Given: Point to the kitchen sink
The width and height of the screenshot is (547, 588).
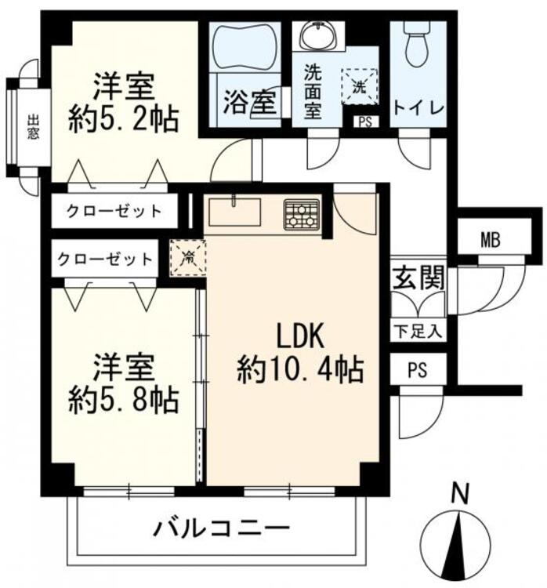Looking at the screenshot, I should point(236,212).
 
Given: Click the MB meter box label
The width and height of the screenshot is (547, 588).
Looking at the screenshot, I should point(491,240).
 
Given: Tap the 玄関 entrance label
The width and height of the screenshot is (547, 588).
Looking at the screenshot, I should point(419,278).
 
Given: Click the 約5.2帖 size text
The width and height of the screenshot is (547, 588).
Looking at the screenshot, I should point(123,119).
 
